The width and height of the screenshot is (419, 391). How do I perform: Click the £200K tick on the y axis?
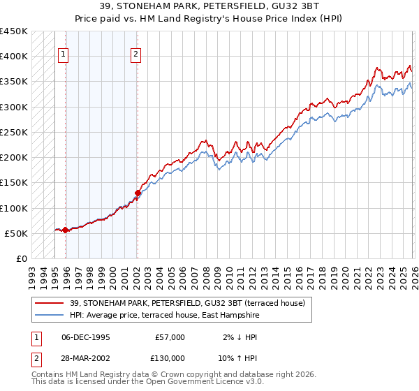point(14,158)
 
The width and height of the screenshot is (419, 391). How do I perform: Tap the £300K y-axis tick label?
point(14,107)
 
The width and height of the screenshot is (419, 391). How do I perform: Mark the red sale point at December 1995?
point(65,230)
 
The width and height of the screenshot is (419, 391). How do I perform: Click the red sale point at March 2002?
point(138,193)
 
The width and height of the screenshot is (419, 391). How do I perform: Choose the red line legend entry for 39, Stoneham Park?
point(186,303)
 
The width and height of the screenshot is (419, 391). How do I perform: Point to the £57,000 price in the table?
point(170,337)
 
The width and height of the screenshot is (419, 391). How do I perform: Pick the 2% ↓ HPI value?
point(240,337)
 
